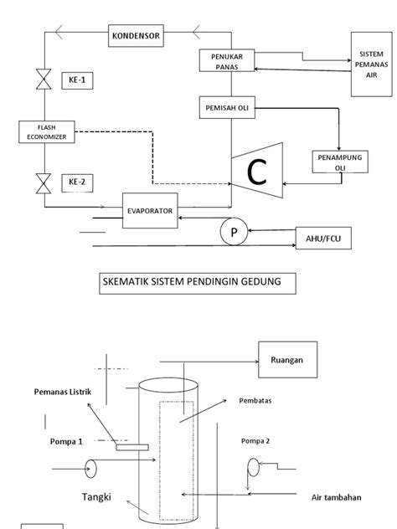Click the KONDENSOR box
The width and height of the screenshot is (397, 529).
[137, 36]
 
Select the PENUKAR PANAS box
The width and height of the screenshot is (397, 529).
[221, 60]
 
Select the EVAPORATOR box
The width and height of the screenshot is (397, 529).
[151, 212]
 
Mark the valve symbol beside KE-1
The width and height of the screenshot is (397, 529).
[40, 82]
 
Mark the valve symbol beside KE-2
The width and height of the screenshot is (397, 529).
[40, 181]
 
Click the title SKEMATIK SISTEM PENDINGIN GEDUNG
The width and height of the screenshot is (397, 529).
[198, 284]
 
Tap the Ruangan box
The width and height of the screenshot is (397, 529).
[286, 361]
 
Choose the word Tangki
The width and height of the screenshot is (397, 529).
[97, 496]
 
